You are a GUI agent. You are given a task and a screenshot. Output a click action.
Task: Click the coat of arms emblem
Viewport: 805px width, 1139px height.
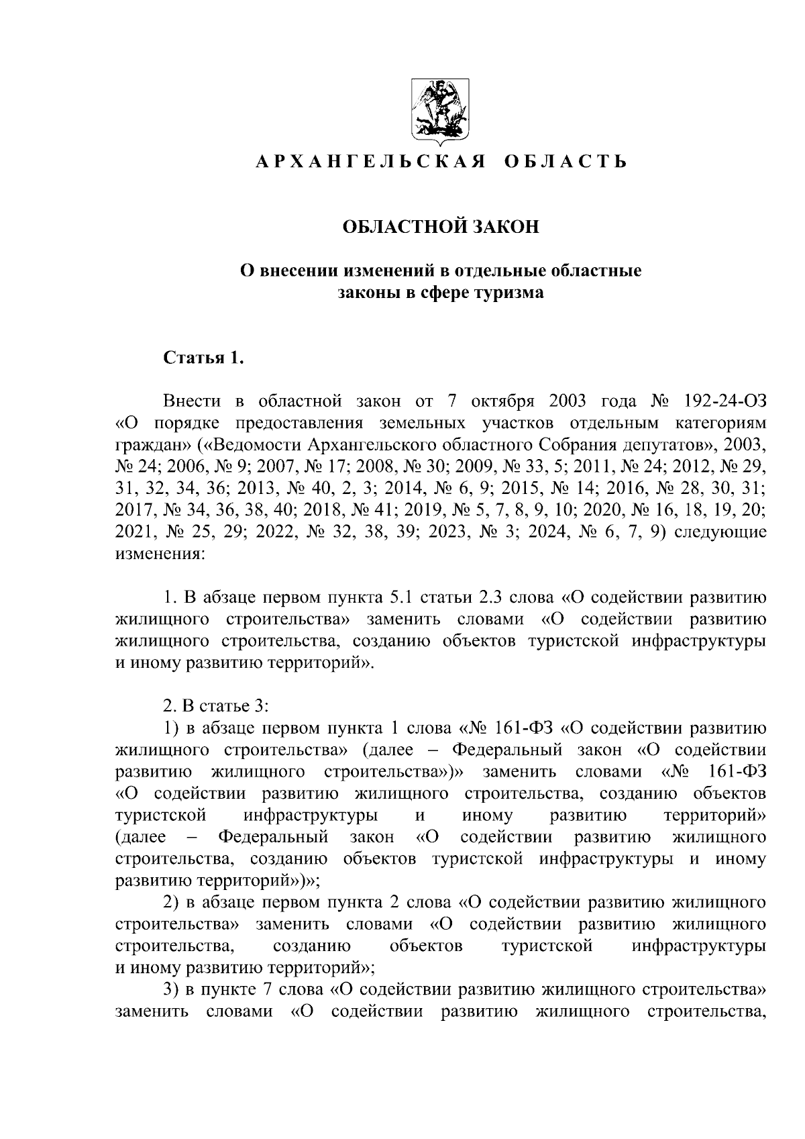click(x=440, y=111)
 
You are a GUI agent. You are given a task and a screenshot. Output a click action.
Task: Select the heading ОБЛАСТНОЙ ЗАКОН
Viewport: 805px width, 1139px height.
click(x=441, y=227)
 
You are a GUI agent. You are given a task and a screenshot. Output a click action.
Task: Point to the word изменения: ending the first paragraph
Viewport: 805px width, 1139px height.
click(x=157, y=555)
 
